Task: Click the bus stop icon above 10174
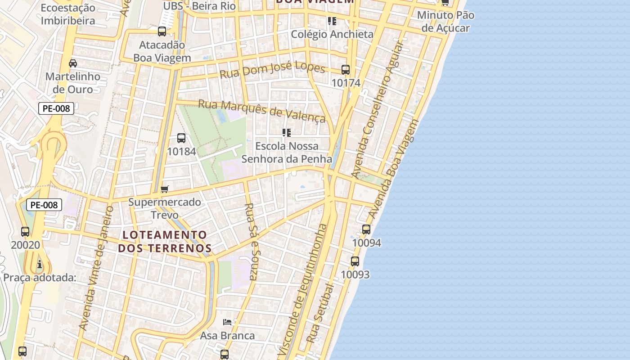point(346,70)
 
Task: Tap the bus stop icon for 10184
point(181,138)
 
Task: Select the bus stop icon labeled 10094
point(366,229)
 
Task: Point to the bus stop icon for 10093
point(355,261)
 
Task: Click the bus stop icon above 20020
point(25,232)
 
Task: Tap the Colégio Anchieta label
point(332,34)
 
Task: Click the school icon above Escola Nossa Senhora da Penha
point(287,133)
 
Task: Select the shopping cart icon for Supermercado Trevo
point(165,189)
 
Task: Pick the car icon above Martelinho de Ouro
point(73,63)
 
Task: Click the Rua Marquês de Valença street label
point(261,110)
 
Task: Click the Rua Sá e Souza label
point(250,241)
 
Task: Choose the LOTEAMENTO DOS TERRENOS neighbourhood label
point(165,242)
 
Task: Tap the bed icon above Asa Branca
point(227,322)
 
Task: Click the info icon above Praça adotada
point(40,264)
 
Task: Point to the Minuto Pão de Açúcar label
point(445,22)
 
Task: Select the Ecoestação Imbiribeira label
point(68,14)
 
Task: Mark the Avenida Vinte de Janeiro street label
point(95,268)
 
